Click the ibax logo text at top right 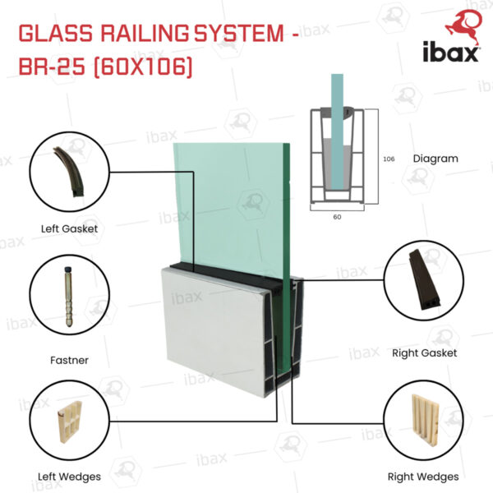pyautogui.click(x=450, y=52)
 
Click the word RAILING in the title pyautogui.click(x=145, y=33)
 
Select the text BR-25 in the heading pyautogui.click(x=52, y=67)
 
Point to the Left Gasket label pyautogui.click(x=70, y=228)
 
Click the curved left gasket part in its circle pyautogui.click(x=70, y=172)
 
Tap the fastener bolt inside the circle pyautogui.click(x=69, y=297)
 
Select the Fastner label pyautogui.click(x=70, y=360)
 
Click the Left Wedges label pyautogui.click(x=70, y=477)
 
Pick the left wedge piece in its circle pyautogui.click(x=70, y=422)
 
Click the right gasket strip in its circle pyautogui.click(x=424, y=279)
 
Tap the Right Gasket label pyautogui.click(x=425, y=353)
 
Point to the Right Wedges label pyautogui.click(x=423, y=477)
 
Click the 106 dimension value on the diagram pyautogui.click(x=389, y=159)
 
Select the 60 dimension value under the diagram pyautogui.click(x=337, y=217)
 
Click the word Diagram pyautogui.click(x=435, y=159)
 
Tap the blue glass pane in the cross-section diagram pyautogui.click(x=337, y=131)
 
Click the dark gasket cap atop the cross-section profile pyautogui.click(x=337, y=113)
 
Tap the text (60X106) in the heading pyautogui.click(x=143, y=67)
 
